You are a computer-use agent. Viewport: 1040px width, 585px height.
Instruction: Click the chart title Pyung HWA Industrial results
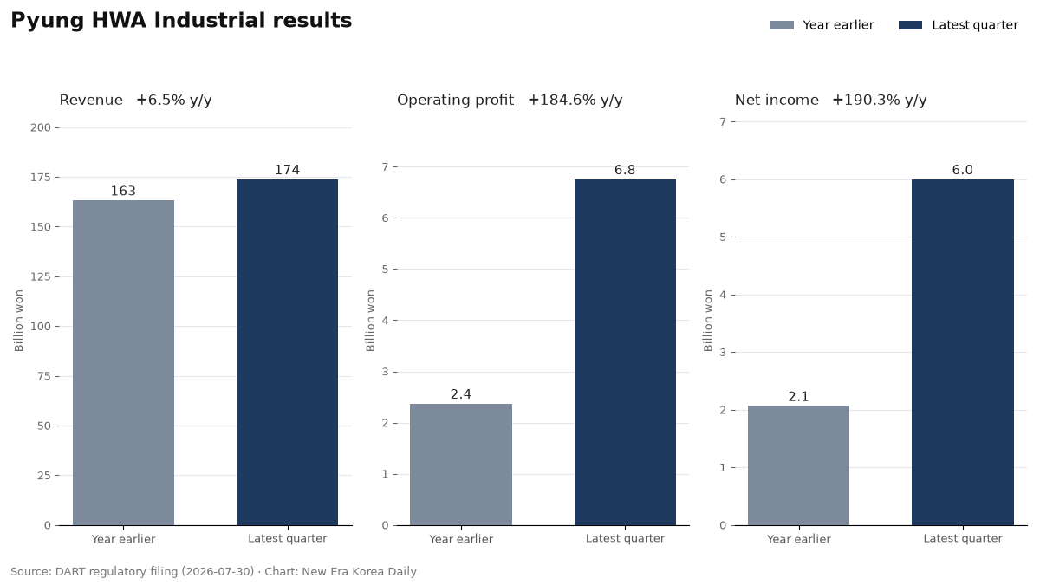pyautogui.click(x=181, y=21)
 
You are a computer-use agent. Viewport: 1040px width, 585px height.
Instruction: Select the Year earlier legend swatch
pyautogui.click(x=782, y=25)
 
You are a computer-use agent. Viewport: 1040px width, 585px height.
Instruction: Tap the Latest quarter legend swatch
pyautogui.click(x=910, y=25)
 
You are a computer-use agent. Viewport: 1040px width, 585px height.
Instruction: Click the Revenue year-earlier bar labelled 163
pyautogui.click(x=123, y=362)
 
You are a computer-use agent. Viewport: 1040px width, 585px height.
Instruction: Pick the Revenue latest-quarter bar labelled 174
pyautogui.click(x=288, y=353)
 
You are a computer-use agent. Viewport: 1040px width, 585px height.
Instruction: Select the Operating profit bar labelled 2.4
pyautogui.click(x=461, y=465)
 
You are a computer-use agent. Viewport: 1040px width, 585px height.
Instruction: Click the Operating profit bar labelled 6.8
pyautogui.click(x=625, y=353)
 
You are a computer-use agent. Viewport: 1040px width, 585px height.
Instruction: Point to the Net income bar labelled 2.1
pyautogui.click(x=798, y=465)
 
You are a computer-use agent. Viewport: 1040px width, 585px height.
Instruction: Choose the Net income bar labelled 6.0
pyautogui.click(x=963, y=353)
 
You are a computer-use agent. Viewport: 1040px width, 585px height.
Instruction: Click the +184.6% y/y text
pyautogui.click(x=575, y=101)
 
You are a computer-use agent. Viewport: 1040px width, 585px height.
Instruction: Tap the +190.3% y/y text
pyautogui.click(x=880, y=101)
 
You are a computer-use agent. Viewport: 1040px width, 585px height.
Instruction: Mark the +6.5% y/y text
pyautogui.click(x=174, y=101)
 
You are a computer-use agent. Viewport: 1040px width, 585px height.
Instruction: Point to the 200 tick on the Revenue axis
pyautogui.click(x=41, y=127)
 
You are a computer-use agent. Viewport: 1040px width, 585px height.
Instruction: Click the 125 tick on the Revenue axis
pyautogui.click(x=41, y=277)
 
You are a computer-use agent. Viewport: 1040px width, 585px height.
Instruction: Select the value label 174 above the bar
pyautogui.click(x=288, y=170)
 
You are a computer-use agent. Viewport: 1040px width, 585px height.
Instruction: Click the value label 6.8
pyautogui.click(x=625, y=170)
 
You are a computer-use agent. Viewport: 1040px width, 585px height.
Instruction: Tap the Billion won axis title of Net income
pyautogui.click(x=708, y=321)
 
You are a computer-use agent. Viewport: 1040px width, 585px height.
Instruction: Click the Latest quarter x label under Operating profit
pyautogui.click(x=625, y=538)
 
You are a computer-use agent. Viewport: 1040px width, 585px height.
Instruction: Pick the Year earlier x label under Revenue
pyautogui.click(x=123, y=538)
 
